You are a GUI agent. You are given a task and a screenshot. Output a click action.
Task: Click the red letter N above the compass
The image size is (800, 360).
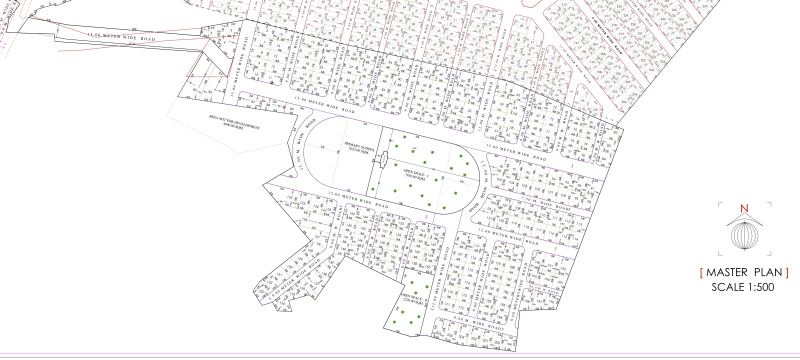point(742,209)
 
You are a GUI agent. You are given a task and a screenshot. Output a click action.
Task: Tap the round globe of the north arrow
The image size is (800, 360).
point(742,235)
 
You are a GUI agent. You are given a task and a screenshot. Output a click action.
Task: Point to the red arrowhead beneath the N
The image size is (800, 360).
point(742,217)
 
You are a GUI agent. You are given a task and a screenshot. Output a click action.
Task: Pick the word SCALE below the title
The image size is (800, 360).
point(726,287)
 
